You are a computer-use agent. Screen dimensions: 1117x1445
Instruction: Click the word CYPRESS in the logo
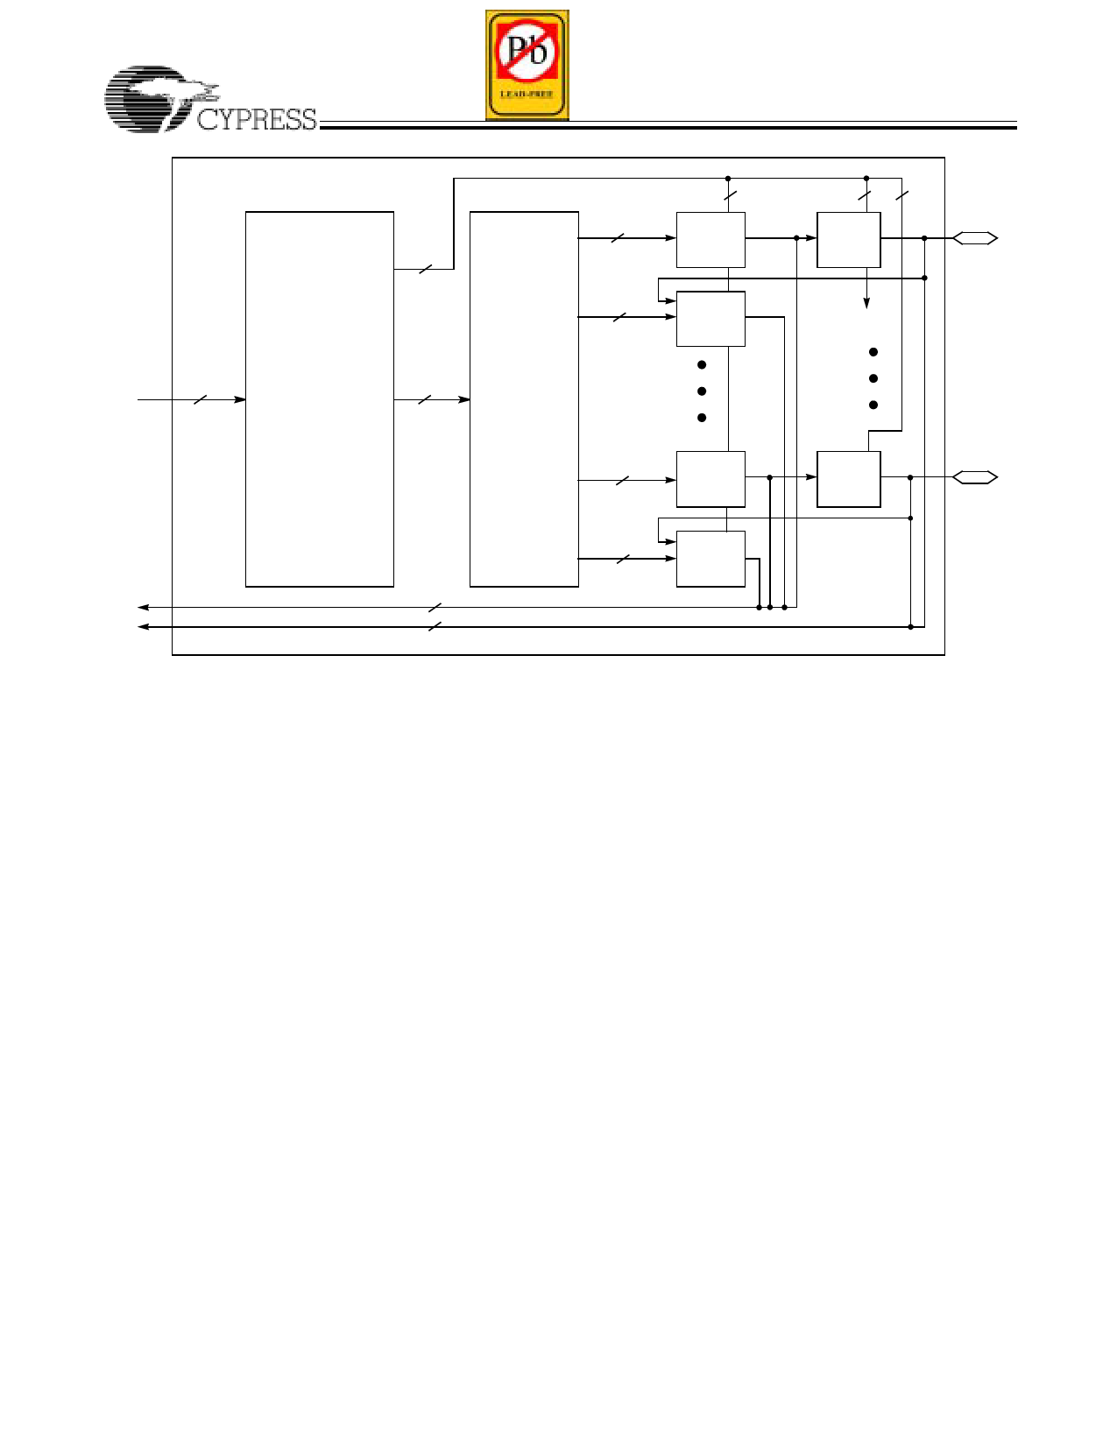pos(257,120)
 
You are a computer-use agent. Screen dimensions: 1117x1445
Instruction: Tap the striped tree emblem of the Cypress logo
pos(159,98)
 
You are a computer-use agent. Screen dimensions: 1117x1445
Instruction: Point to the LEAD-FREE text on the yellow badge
pos(527,95)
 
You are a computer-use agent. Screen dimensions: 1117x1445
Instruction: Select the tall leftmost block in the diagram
pos(320,399)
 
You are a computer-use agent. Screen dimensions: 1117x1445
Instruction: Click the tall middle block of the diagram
pos(524,399)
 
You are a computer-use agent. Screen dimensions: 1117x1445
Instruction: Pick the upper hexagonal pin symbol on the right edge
pos(974,238)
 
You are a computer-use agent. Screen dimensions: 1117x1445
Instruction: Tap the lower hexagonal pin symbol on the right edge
pos(974,477)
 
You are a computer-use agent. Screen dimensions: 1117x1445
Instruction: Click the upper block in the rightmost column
pos(849,240)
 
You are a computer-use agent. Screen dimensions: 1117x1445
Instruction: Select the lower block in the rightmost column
pos(849,479)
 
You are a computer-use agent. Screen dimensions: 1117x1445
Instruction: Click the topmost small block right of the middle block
pos(710,240)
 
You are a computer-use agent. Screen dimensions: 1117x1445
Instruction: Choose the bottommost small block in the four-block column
pos(710,559)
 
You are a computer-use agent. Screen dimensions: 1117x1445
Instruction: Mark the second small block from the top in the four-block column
pos(710,319)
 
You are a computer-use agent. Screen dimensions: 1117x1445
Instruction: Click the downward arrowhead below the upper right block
pos(866,303)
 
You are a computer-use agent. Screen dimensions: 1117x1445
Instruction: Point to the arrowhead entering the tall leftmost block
pos(239,399)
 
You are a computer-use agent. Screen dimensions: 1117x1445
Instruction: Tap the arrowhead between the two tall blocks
pos(463,399)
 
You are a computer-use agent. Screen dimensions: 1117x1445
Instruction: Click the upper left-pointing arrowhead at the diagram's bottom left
pos(143,607)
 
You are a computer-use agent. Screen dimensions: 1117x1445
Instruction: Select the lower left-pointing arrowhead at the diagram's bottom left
pos(143,627)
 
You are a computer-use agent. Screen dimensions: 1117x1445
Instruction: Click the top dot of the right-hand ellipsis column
pos(873,352)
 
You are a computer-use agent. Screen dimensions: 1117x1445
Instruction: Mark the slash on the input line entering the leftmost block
pos(201,399)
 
